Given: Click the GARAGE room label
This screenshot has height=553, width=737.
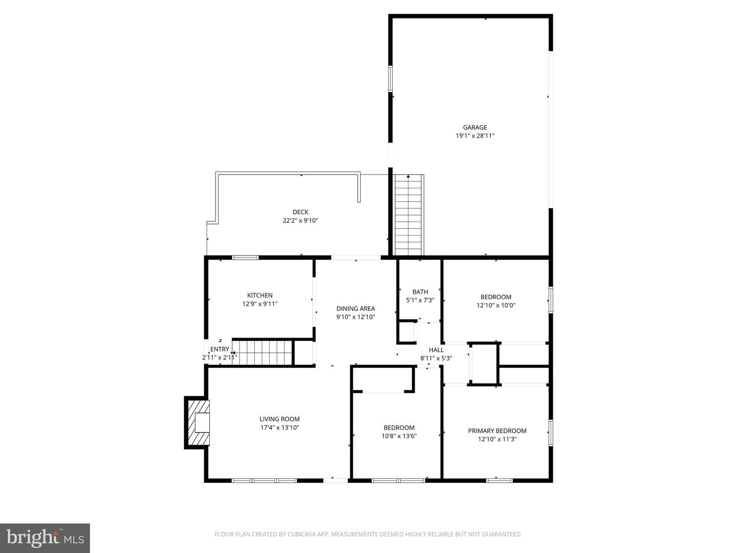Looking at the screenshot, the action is [475, 127].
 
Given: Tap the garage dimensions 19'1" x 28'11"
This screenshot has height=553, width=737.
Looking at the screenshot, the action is [475, 136].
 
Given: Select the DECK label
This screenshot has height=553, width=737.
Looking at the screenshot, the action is [300, 212].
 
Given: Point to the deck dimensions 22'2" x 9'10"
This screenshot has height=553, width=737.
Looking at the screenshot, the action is [300, 221].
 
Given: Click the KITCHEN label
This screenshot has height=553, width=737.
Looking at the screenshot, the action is [259, 295].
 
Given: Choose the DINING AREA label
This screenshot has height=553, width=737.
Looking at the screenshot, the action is [356, 308].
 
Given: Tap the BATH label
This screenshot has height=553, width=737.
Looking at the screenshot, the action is [420, 291].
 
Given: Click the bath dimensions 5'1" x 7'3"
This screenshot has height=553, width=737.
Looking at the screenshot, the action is [420, 300].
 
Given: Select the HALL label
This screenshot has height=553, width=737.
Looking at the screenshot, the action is [436, 350].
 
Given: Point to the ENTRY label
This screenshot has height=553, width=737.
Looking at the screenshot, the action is [220, 349].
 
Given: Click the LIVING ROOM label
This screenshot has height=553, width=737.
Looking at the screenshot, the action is [279, 419].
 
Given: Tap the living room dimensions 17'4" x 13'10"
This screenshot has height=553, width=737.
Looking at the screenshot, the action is [279, 428].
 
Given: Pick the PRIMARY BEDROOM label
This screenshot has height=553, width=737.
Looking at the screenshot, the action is [497, 431].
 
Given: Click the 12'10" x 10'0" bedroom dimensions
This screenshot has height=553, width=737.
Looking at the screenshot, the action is [496, 305].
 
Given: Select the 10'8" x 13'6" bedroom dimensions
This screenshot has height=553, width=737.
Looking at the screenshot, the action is [399, 436].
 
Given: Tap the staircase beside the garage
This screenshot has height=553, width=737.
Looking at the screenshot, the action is [408, 215].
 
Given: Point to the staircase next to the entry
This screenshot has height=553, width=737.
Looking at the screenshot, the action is [262, 352].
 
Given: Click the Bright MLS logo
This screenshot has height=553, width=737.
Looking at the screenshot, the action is [45, 538].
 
